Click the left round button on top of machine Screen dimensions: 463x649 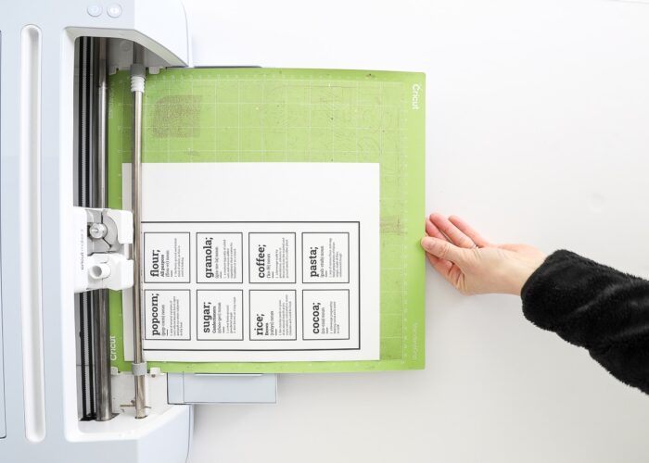click(x=95, y=10)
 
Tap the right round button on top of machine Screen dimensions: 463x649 click(x=114, y=10)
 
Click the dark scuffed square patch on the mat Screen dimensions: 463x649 click(x=176, y=116)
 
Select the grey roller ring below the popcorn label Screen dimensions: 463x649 click(x=137, y=369)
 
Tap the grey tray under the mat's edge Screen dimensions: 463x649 click(x=223, y=387)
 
